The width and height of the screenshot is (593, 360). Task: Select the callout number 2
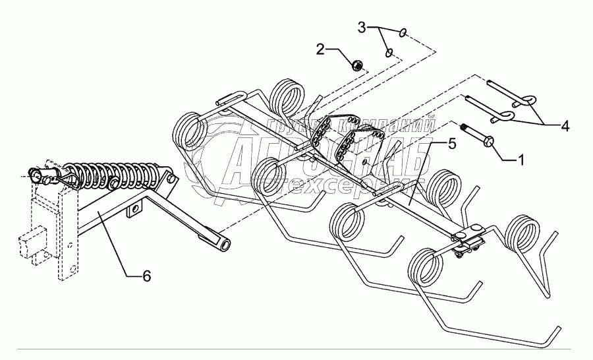coord(320,48)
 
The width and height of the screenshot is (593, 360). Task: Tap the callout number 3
coord(362,28)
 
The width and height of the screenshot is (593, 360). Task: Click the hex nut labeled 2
coord(356,65)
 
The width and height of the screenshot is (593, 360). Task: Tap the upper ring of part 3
coord(404,32)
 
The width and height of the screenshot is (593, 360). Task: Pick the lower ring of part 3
coord(389,52)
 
